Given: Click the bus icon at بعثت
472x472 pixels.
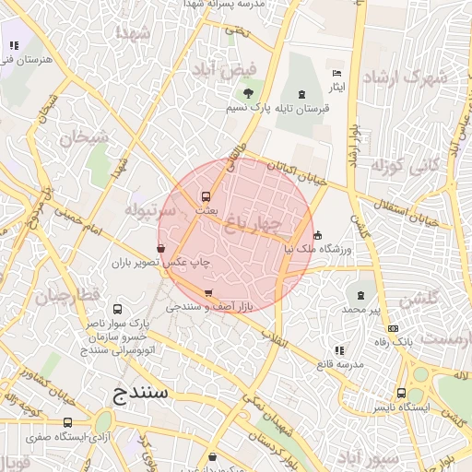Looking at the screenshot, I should point(206,195).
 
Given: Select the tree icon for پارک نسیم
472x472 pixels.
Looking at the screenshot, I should point(247,93).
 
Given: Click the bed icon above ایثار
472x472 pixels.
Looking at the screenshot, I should point(336,73).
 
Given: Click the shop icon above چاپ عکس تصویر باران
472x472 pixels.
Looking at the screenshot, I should point(161,248).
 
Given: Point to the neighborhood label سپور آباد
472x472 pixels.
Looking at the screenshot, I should point(368,458).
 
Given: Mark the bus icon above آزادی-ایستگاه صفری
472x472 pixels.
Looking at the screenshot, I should point(67,423).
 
